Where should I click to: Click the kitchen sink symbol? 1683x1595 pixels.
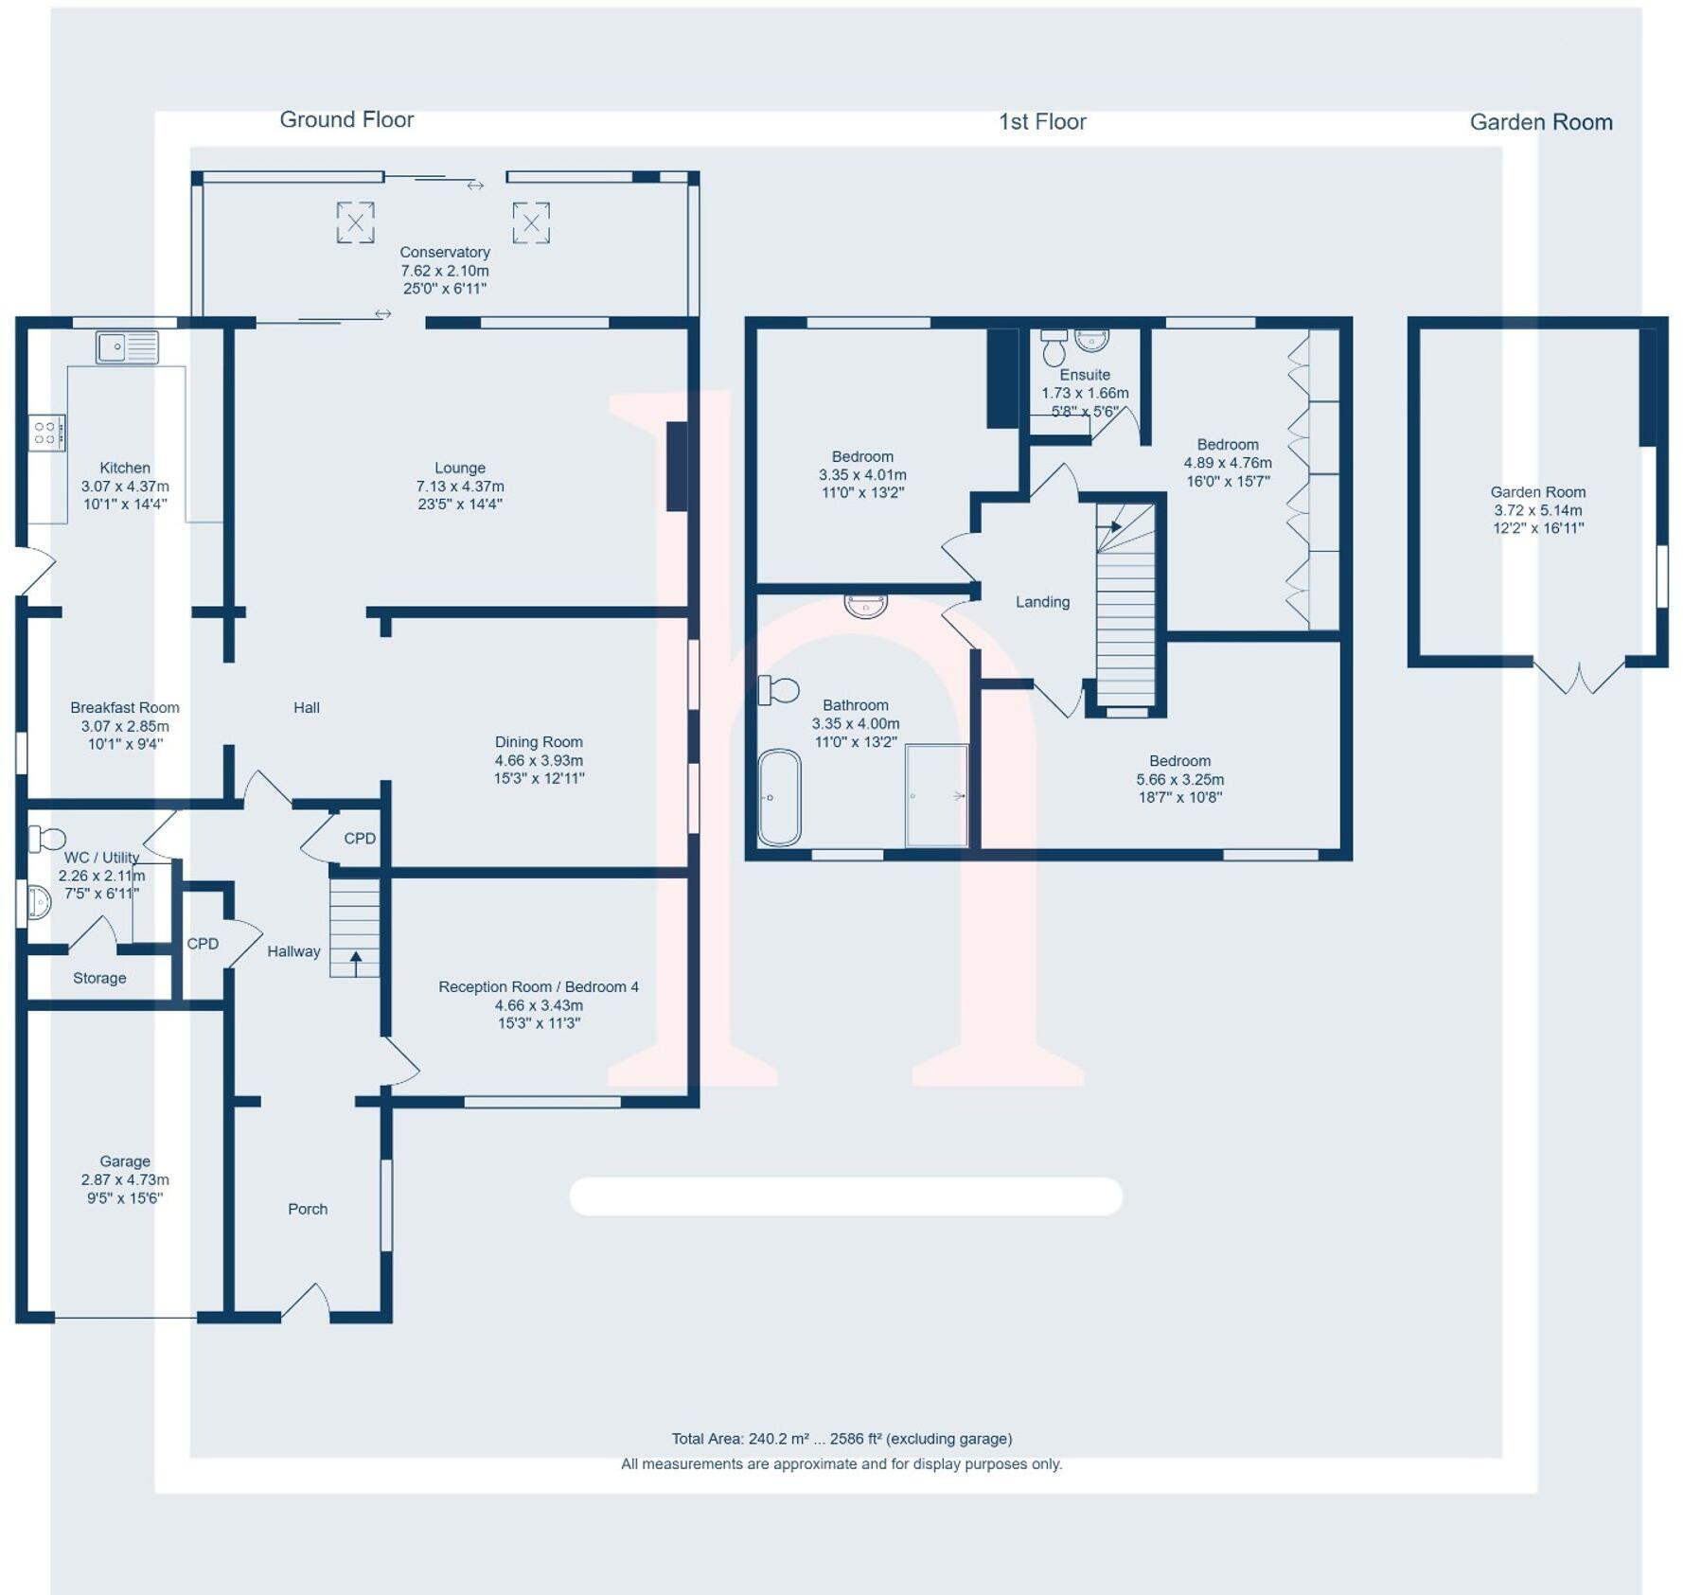[127, 347]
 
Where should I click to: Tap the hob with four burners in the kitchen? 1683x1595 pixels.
[46, 433]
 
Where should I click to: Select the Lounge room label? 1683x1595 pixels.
[460, 468]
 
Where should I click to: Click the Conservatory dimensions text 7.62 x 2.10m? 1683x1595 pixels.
[444, 271]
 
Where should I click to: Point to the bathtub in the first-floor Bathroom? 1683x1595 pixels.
[779, 797]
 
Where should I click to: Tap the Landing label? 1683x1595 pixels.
[1042, 602]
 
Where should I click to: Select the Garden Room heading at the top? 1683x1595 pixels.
[1540, 122]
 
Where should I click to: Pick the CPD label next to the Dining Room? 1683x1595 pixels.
[360, 839]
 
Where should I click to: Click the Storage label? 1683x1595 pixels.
[99, 978]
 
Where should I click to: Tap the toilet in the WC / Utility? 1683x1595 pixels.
[47, 839]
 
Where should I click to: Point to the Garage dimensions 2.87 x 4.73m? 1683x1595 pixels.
[125, 1179]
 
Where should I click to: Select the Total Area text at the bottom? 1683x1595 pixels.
[841, 1439]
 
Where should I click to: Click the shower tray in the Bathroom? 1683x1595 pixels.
[936, 796]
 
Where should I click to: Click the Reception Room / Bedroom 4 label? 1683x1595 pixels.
[538, 986]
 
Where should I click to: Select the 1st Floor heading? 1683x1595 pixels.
[1042, 122]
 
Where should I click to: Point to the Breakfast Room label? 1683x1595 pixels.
[124, 708]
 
